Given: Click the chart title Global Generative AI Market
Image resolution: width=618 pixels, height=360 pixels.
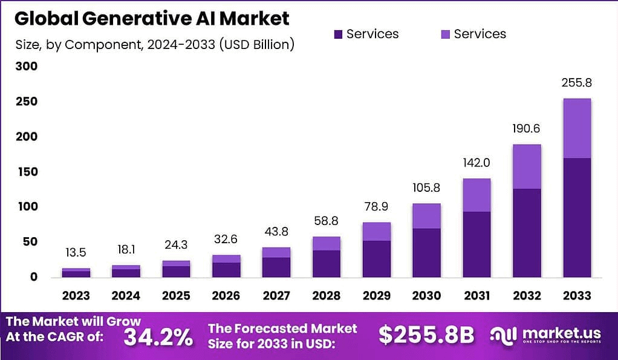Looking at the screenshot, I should point(152,19).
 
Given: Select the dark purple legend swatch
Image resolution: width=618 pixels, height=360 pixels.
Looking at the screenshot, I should point(338,34).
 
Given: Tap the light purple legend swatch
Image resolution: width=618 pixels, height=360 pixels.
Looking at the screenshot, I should point(446,34).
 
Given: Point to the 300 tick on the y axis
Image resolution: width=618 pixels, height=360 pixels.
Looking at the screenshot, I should point(26,66).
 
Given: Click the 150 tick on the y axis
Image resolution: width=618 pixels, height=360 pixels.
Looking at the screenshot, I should point(26,172).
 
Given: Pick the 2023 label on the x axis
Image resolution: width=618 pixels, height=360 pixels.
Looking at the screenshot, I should point(76,296).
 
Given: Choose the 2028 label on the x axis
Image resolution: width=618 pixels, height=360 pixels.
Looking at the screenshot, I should point(326,296).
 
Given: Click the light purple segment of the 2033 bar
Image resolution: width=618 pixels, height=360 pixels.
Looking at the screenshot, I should point(576,128).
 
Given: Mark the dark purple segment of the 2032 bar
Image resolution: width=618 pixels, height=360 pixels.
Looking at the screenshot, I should point(527,233).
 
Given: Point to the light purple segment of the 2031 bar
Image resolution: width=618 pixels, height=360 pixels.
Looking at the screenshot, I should point(477,195).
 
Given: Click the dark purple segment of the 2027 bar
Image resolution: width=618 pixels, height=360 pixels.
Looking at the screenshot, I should point(276,267).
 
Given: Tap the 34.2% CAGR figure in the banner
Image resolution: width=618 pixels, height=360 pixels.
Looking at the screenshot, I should point(158,337).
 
